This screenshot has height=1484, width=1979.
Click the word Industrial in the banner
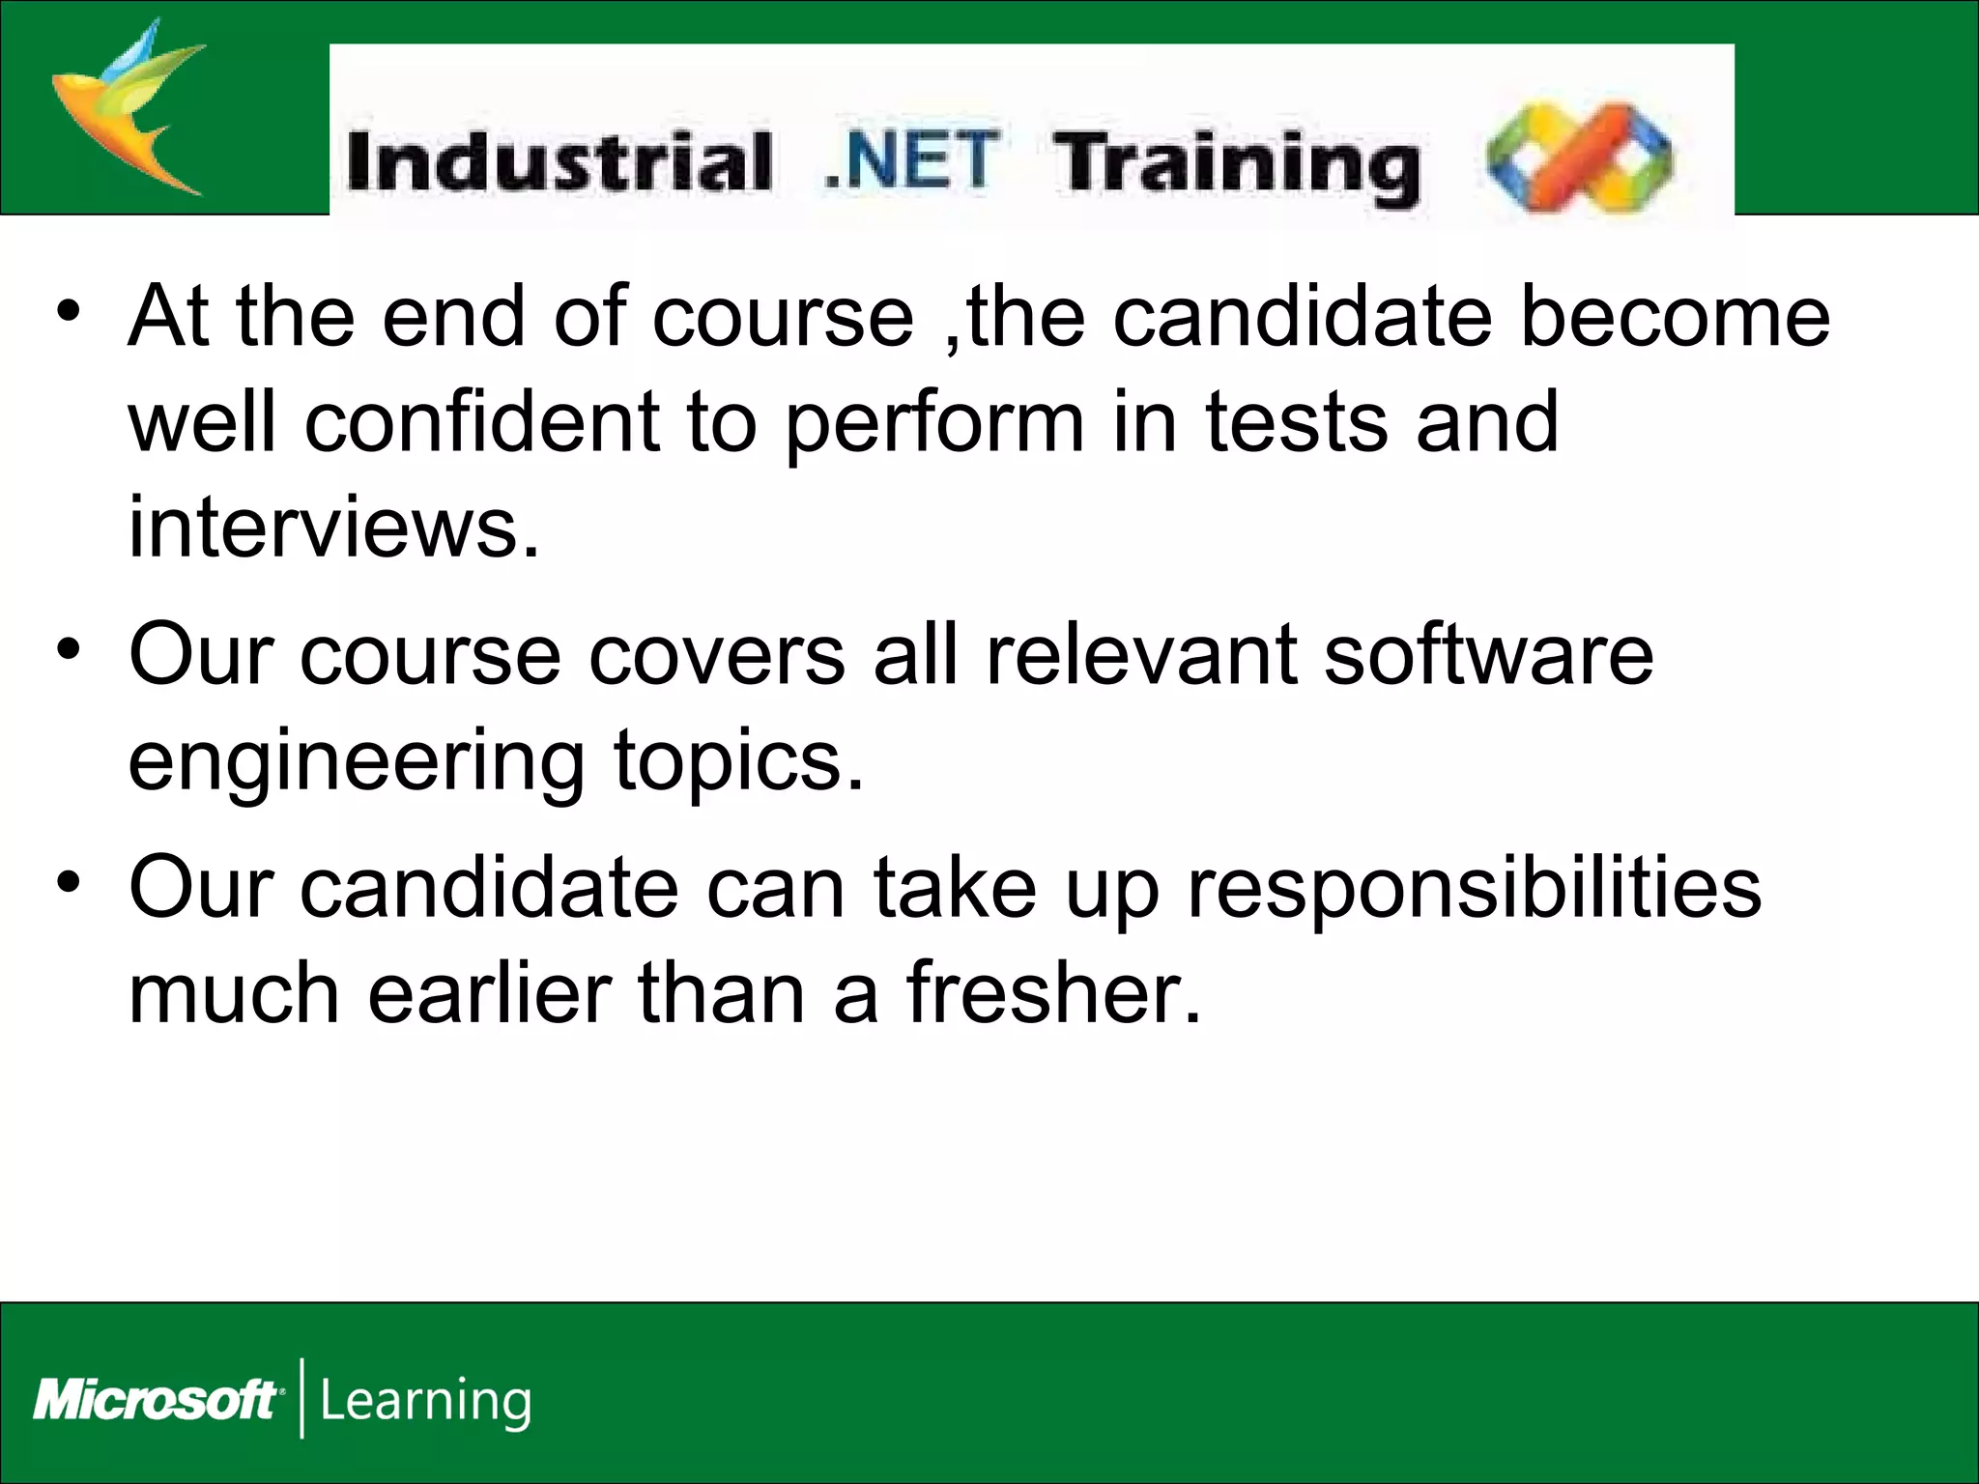(x=559, y=161)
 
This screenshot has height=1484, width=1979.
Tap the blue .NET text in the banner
(x=910, y=159)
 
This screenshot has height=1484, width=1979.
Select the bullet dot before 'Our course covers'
(x=68, y=650)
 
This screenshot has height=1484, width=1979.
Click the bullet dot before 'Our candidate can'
(x=68, y=882)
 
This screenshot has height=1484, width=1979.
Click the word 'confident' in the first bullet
(x=482, y=421)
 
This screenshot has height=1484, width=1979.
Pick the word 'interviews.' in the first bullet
(x=333, y=527)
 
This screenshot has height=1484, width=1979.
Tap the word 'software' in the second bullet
(x=1488, y=655)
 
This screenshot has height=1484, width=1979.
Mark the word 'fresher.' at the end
(x=1053, y=992)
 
